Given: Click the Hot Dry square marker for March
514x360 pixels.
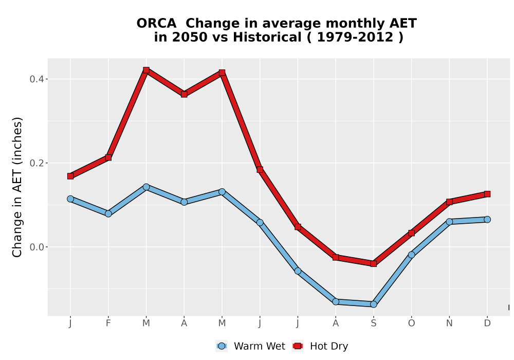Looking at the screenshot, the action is click(146, 70).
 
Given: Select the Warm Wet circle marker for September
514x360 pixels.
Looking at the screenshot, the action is click(373, 304).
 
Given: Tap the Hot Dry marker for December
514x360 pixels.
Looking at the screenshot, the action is click(487, 194).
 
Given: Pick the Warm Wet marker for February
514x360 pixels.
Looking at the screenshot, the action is click(108, 214).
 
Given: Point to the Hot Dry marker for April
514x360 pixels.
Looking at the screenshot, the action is click(184, 95).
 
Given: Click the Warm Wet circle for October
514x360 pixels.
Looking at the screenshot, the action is click(411, 255).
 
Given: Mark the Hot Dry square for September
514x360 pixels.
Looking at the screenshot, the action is click(373, 264).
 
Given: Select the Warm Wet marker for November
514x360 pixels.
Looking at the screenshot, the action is click(449, 222).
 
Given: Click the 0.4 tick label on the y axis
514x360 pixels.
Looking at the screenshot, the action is click(36, 79).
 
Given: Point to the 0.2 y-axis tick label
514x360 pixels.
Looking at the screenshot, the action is click(36, 163).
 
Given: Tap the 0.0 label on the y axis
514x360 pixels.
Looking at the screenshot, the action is click(36, 247).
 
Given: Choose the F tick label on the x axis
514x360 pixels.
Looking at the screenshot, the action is click(108, 323).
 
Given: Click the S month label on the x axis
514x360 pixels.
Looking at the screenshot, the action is click(373, 323).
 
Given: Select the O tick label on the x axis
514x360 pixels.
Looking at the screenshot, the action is click(411, 323).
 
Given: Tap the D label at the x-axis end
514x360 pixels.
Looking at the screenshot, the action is click(487, 323).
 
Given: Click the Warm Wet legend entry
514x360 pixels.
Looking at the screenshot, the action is click(250, 346).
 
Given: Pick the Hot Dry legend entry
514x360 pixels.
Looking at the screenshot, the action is click(320, 346).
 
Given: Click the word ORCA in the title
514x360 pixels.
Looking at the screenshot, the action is click(156, 24).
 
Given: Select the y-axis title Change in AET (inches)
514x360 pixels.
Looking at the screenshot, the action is click(17, 187).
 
